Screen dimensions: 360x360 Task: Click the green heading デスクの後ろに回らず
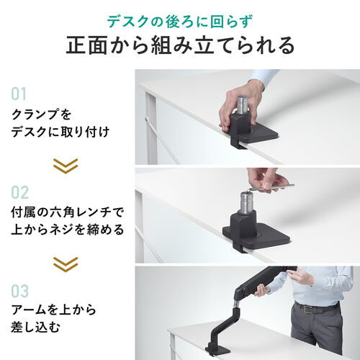179,20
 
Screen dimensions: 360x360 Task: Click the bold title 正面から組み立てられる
179,46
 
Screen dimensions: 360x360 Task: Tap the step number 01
19,94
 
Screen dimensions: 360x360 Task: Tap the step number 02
20,192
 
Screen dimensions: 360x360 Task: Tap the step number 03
20,292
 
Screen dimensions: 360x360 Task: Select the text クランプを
41,114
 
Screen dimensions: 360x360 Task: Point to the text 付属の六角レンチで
68,212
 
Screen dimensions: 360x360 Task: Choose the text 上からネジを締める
68,230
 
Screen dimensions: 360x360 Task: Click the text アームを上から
54,311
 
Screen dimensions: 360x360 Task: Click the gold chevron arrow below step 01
66,165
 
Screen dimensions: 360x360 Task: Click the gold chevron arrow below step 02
66,264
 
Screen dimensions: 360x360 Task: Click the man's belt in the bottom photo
318,308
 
